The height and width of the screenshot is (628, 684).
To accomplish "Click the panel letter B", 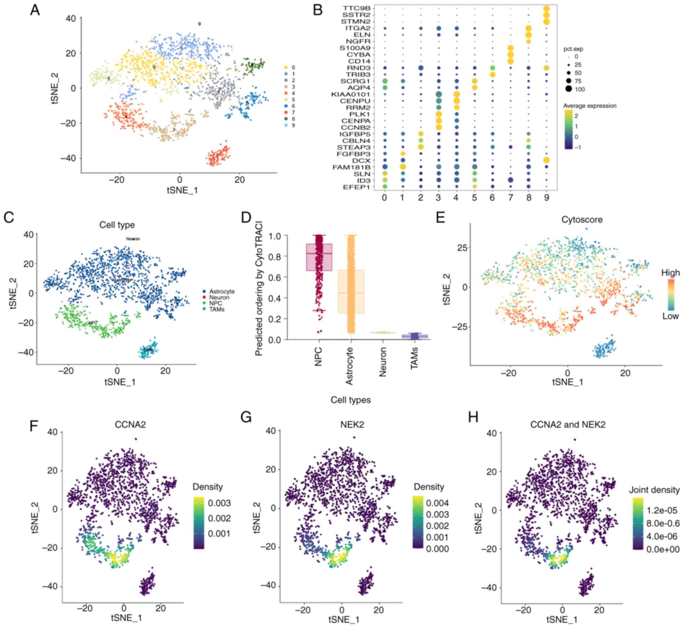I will pyautogui.click(x=317, y=10).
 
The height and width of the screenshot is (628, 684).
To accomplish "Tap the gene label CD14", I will pyautogui.click(x=360, y=61).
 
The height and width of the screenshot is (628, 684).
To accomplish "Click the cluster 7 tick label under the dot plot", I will pyautogui.click(x=511, y=198).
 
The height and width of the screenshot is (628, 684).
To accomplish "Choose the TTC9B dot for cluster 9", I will pyautogui.click(x=546, y=8).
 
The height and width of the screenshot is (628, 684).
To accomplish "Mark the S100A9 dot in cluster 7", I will pyautogui.click(x=511, y=48).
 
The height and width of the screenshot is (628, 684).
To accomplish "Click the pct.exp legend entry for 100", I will pyautogui.click(x=580, y=90).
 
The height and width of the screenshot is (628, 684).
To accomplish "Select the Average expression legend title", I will pyautogui.click(x=589, y=106).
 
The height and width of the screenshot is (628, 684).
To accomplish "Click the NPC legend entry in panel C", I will pyautogui.click(x=215, y=303).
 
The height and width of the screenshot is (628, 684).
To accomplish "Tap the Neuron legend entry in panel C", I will pyautogui.click(x=219, y=298).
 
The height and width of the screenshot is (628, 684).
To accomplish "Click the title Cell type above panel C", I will pyautogui.click(x=117, y=225).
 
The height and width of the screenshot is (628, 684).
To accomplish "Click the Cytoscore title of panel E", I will pyautogui.click(x=582, y=219).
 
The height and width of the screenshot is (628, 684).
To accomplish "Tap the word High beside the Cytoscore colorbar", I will pyautogui.click(x=670, y=273).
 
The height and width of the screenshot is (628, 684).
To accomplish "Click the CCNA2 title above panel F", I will pyautogui.click(x=131, y=424).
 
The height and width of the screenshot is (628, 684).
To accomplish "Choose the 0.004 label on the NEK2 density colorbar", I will pyautogui.click(x=438, y=503).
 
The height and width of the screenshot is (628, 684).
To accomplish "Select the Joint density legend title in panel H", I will pyautogui.click(x=654, y=490).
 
